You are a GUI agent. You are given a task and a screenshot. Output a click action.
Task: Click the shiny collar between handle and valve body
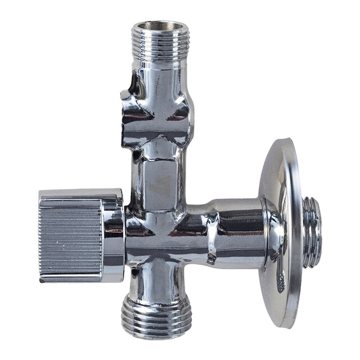coord(115,236)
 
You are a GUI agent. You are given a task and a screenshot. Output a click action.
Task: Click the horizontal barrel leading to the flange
coord(236,225)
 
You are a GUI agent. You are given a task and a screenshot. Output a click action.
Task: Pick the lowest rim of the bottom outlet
coord(157,336)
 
